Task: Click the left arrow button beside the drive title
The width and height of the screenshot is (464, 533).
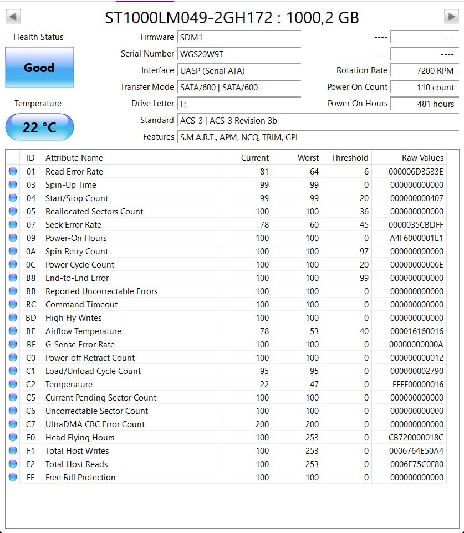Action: click(13, 17)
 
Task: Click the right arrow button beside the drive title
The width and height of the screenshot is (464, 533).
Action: click(451, 17)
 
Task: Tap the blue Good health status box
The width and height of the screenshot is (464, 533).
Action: click(39, 68)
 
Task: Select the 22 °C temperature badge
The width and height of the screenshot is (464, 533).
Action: click(39, 127)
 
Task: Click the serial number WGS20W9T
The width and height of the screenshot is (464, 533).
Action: click(202, 54)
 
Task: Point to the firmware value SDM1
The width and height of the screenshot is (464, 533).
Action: click(191, 38)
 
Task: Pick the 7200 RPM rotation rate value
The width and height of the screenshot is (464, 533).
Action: click(435, 71)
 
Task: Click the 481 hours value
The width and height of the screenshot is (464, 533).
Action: click(435, 104)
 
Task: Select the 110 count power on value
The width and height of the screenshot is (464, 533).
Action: click(435, 88)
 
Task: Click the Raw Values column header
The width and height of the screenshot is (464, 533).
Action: click(422, 158)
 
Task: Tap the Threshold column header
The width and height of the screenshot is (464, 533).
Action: click(349, 158)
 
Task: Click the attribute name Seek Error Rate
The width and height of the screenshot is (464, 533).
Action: click(73, 225)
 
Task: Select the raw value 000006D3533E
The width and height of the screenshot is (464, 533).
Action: click(416, 172)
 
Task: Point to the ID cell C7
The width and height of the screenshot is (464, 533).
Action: click(30, 424)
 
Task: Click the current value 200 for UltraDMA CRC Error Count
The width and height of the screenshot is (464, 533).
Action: click(262, 424)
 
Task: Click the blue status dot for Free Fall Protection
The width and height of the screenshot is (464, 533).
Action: click(13, 478)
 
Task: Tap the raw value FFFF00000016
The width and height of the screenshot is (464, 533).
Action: click(417, 385)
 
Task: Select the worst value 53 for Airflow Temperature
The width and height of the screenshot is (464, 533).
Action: click(314, 331)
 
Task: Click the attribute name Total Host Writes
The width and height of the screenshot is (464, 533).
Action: click(77, 451)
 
